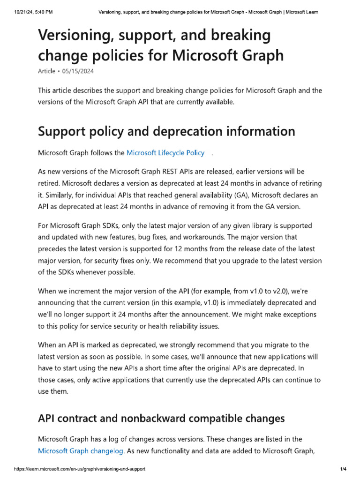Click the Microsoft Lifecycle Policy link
point(165,153)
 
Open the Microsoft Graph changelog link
point(80,451)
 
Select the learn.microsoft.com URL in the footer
point(80,469)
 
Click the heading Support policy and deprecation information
point(166,131)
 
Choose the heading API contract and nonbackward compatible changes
point(161,418)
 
